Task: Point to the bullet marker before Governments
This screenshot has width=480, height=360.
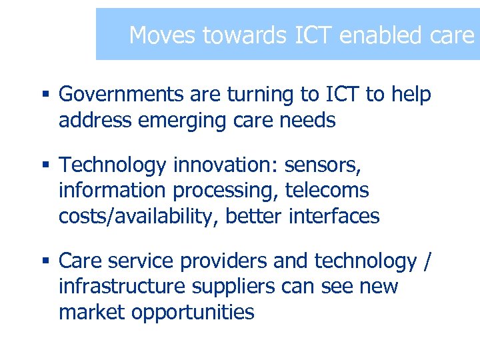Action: click(47, 95)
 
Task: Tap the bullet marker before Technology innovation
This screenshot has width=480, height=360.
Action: click(47, 165)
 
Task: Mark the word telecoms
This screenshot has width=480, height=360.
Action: click(327, 191)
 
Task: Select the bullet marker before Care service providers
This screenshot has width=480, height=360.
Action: click(47, 261)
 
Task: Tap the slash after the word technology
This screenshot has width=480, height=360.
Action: click(427, 261)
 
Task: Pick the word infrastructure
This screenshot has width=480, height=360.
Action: click(120, 287)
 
